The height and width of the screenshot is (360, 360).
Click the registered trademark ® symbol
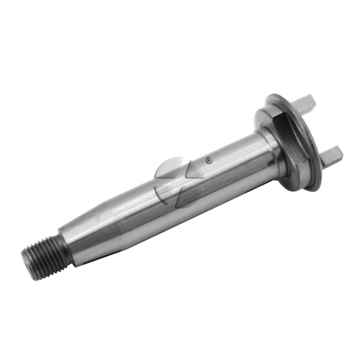pos(209,160)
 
